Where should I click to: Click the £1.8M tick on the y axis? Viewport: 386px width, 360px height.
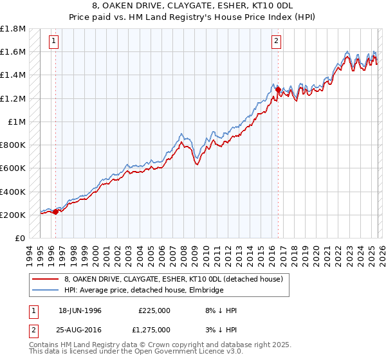[13, 29]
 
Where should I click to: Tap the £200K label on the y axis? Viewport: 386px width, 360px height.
[13, 215]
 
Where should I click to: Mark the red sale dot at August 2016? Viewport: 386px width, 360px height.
[278, 91]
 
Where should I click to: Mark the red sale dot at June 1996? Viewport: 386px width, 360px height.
[56, 212]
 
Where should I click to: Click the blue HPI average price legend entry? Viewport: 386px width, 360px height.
[143, 291]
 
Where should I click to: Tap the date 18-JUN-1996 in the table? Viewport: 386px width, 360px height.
[80, 310]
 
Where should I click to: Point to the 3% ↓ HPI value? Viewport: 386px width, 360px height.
[220, 330]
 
